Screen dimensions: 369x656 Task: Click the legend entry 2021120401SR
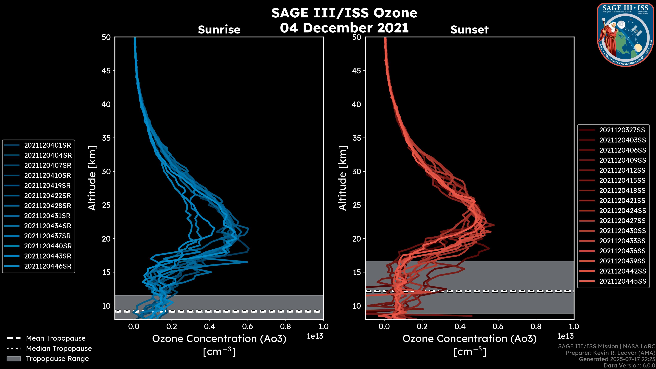pos(47,145)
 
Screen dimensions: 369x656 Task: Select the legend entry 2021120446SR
pos(47,266)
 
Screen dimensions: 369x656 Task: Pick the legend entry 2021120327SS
pos(622,130)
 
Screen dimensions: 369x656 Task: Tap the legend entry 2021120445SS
pos(622,281)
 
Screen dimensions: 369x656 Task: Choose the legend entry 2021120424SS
pos(622,211)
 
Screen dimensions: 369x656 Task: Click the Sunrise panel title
pos(219,30)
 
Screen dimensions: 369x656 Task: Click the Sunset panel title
pos(469,30)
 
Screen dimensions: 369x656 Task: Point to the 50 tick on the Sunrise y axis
pos(106,37)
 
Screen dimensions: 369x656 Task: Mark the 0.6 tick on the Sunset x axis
pos(498,326)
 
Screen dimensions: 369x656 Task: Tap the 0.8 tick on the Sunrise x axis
pos(285,326)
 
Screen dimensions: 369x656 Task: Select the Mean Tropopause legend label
pos(56,338)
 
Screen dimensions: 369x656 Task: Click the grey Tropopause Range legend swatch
pos(13,359)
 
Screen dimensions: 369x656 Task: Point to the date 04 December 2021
pos(344,28)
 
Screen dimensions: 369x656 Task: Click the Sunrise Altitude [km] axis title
pos(92,178)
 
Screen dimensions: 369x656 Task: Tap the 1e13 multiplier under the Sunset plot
pos(565,336)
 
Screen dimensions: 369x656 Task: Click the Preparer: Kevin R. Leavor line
pos(610,353)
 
